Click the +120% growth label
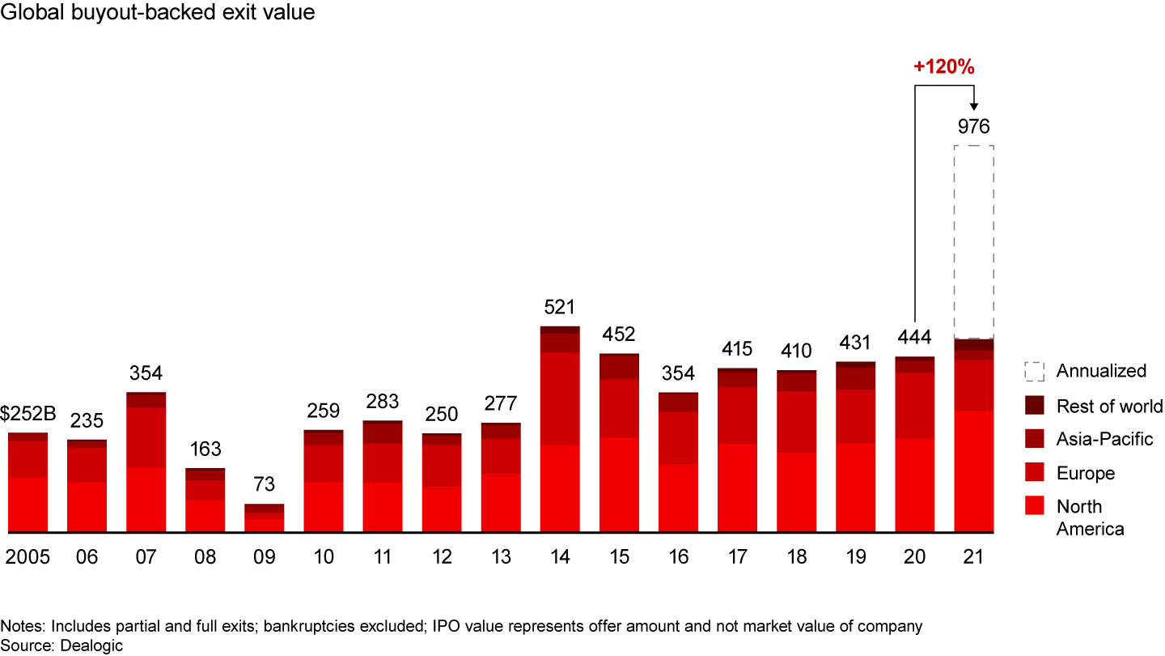coord(944,67)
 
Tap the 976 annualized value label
coord(973,126)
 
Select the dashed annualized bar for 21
coord(974,241)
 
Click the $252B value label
coord(29,415)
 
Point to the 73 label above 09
coord(265,485)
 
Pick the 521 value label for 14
coord(560,308)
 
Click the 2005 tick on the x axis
coord(28,557)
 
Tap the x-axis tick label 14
coord(560,557)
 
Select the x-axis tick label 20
coord(915,557)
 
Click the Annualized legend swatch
coord(1034,371)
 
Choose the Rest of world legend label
coord(1109,406)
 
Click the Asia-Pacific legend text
coord(1104,439)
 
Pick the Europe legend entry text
coord(1085,473)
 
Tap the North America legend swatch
coord(1034,506)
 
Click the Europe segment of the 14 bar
coord(560,398)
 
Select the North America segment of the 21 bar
coord(974,471)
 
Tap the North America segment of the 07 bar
coord(146,500)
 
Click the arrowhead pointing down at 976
coord(973,105)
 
